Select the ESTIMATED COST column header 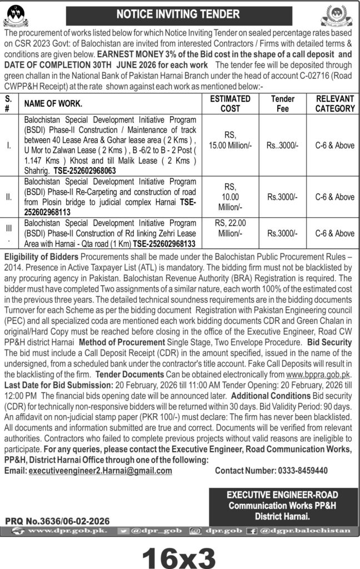(230, 103)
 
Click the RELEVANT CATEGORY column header (335, 103)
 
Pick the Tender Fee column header (282, 103)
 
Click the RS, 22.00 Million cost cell (230, 228)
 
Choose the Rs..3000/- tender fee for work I (282, 145)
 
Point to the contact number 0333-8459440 (271, 470)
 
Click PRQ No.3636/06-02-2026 (57, 521)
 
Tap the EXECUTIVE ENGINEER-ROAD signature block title (283, 495)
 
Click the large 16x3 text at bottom (179, 553)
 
